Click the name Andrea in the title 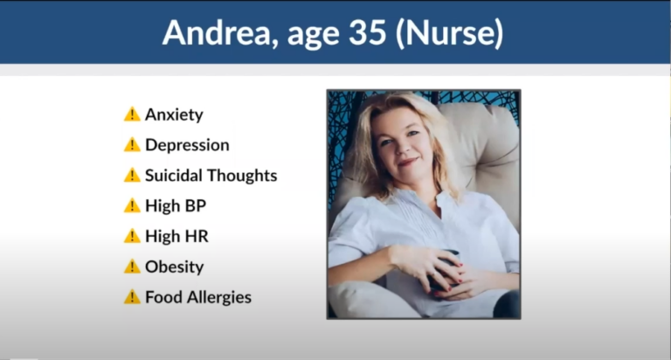point(217,32)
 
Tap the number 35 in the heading point(367,32)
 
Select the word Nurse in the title point(449,33)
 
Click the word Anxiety point(174,114)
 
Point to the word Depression point(187,145)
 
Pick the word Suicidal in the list point(174,175)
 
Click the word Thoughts point(243,176)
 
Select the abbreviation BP point(195,206)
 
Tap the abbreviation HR point(197,236)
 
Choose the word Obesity point(174,267)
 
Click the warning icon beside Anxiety point(132,114)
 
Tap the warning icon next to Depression point(132,145)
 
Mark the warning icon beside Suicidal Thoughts point(132,175)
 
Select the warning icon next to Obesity point(132,267)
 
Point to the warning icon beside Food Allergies point(132,297)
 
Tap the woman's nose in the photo point(402,147)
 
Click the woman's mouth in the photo point(407,163)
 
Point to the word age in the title point(314,35)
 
